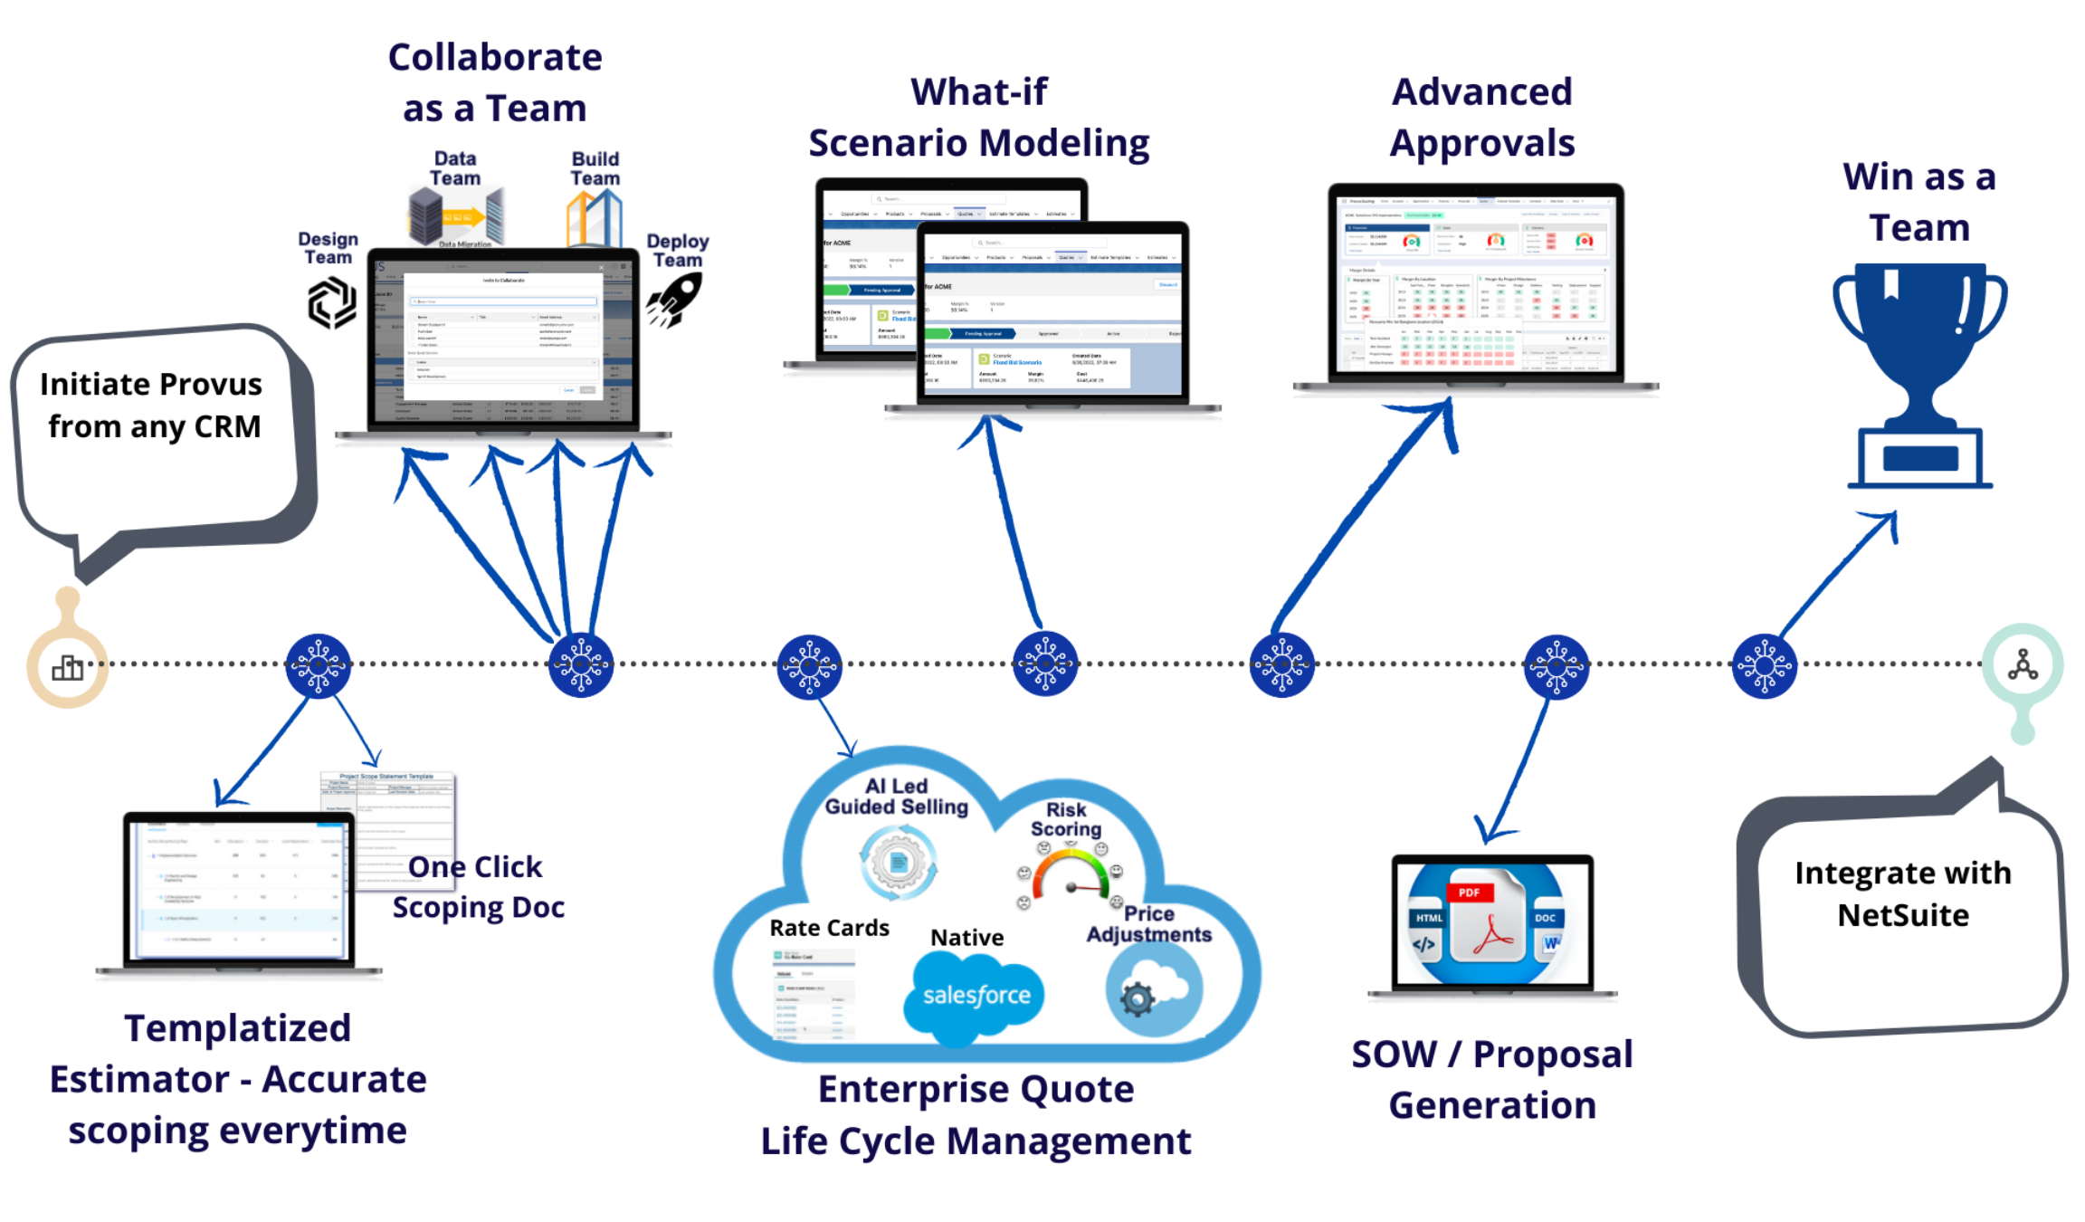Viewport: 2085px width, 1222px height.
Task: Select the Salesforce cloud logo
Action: [x=976, y=996]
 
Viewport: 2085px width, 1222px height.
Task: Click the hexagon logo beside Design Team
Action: [x=331, y=302]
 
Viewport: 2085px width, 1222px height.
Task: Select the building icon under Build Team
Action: [x=594, y=219]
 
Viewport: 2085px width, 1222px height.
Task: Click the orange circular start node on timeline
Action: [x=68, y=667]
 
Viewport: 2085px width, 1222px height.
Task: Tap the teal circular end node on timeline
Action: [x=2022, y=665]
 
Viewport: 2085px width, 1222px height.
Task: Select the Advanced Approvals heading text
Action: [x=1481, y=118]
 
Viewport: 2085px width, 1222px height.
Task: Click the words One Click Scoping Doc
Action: [x=477, y=887]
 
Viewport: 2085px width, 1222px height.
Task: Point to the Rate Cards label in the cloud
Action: [x=829, y=928]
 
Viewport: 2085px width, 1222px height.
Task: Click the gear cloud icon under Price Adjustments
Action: [x=1153, y=989]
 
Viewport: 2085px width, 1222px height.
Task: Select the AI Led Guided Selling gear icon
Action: [x=898, y=863]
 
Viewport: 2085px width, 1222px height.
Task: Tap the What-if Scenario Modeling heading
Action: [x=978, y=118]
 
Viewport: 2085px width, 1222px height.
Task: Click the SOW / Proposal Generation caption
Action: [x=1492, y=1079]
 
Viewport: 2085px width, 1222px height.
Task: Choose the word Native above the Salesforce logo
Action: [x=966, y=938]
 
